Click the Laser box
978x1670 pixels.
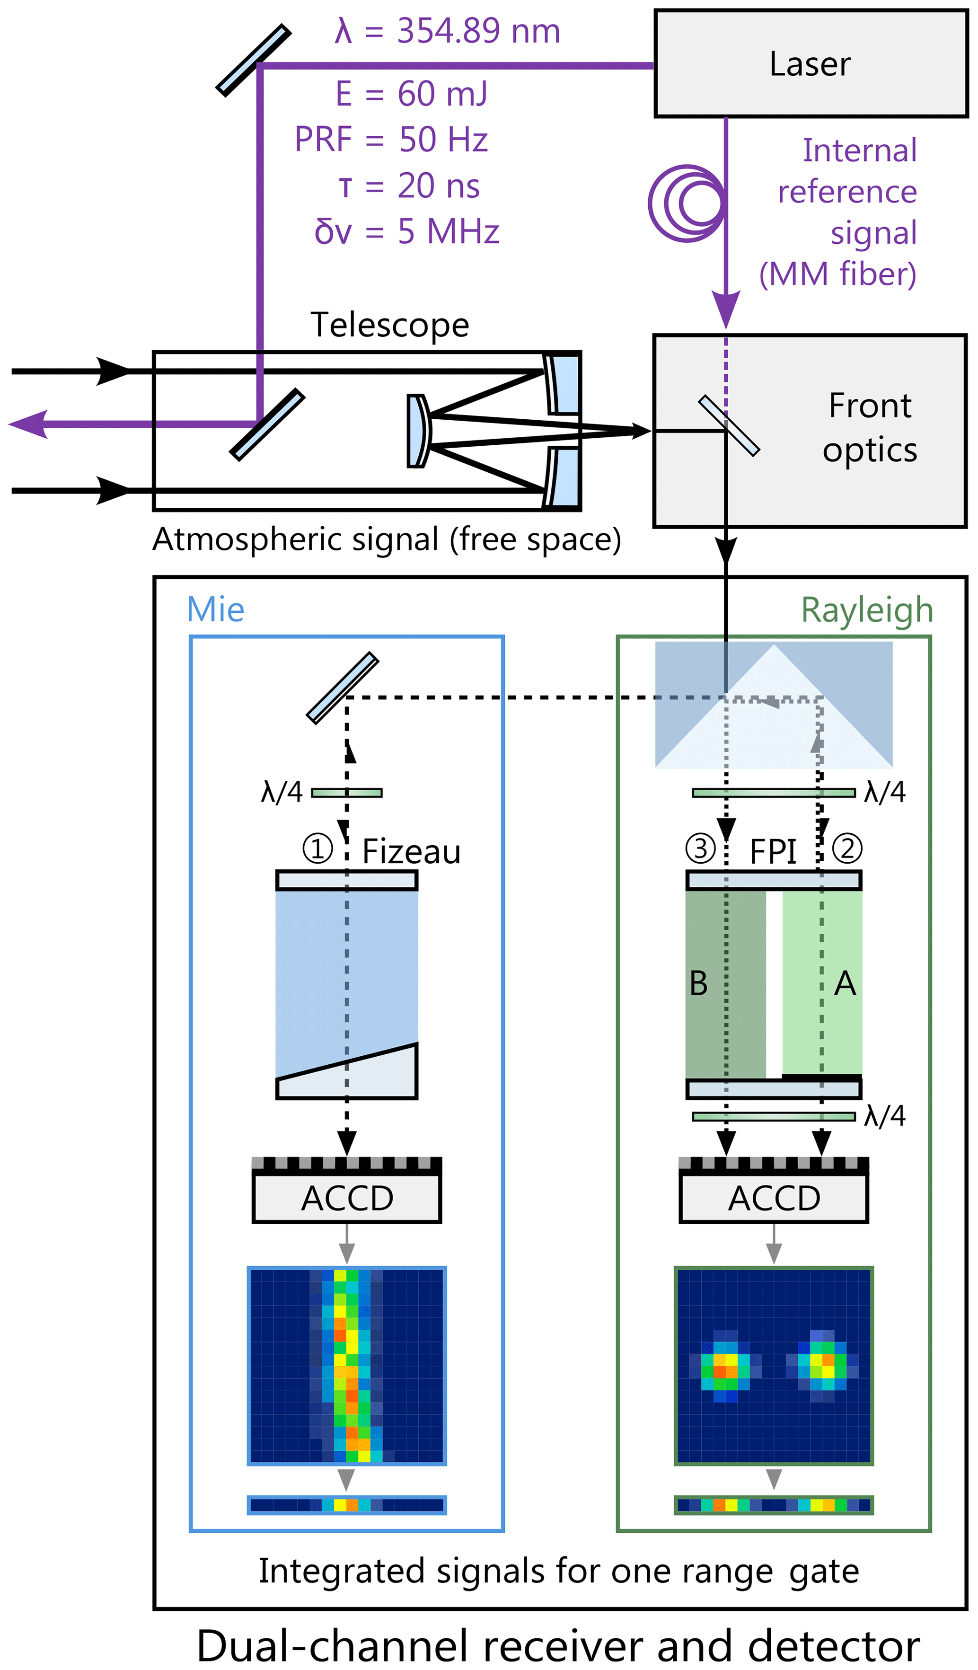click(x=811, y=63)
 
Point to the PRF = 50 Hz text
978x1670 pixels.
click(x=391, y=139)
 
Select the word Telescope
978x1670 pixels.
click(x=389, y=325)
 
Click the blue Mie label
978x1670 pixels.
click(x=215, y=609)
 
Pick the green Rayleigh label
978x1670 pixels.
click(x=867, y=610)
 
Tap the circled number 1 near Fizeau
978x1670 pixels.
click(x=317, y=849)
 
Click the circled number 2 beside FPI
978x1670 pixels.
click(x=847, y=849)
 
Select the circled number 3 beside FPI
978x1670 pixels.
click(x=700, y=849)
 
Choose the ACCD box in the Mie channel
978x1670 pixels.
click(x=346, y=1199)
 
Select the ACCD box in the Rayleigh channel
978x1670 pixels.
click(x=773, y=1199)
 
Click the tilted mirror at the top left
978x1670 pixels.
click(x=254, y=60)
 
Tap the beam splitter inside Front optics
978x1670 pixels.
click(x=729, y=425)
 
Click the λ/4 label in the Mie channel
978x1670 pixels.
click(x=282, y=792)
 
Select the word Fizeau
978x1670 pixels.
click(x=411, y=852)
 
